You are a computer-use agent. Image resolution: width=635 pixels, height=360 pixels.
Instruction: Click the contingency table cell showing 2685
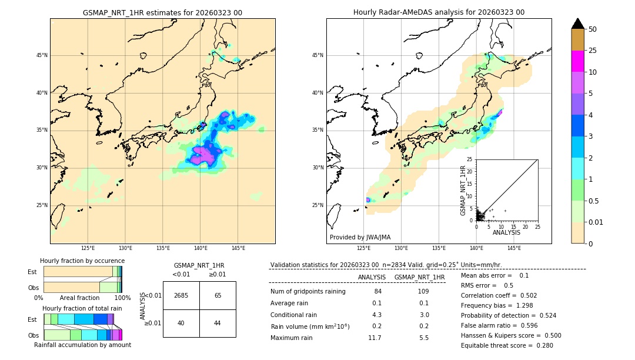point(181,295)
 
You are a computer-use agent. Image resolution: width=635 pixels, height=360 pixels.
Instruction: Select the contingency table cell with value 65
point(218,295)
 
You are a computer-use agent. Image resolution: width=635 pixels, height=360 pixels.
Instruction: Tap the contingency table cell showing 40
point(181,323)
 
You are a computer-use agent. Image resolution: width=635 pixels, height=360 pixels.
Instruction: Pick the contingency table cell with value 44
point(218,323)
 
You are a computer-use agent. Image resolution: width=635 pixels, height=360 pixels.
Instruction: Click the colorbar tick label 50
point(593,29)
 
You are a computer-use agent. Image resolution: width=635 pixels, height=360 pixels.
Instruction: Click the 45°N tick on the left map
point(42,55)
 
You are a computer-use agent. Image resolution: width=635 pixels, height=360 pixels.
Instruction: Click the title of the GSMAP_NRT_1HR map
point(162,12)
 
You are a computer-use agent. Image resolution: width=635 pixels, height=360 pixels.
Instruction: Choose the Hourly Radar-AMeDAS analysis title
point(439,12)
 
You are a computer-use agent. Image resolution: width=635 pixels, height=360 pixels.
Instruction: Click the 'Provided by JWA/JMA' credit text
point(360,237)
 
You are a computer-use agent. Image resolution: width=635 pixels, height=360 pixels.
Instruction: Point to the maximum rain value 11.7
point(375,338)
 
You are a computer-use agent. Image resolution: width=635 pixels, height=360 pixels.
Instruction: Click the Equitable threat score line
point(507,345)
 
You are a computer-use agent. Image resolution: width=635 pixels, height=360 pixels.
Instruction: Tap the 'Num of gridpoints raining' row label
point(308,291)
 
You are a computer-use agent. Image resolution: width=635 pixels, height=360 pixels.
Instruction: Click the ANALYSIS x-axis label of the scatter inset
point(507,232)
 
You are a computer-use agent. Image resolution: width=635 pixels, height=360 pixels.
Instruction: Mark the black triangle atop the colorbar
point(577,24)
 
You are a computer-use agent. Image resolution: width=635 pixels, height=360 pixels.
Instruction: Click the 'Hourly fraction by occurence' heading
point(82,261)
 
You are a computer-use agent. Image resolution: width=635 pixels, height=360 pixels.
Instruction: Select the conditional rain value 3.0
point(423,315)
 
